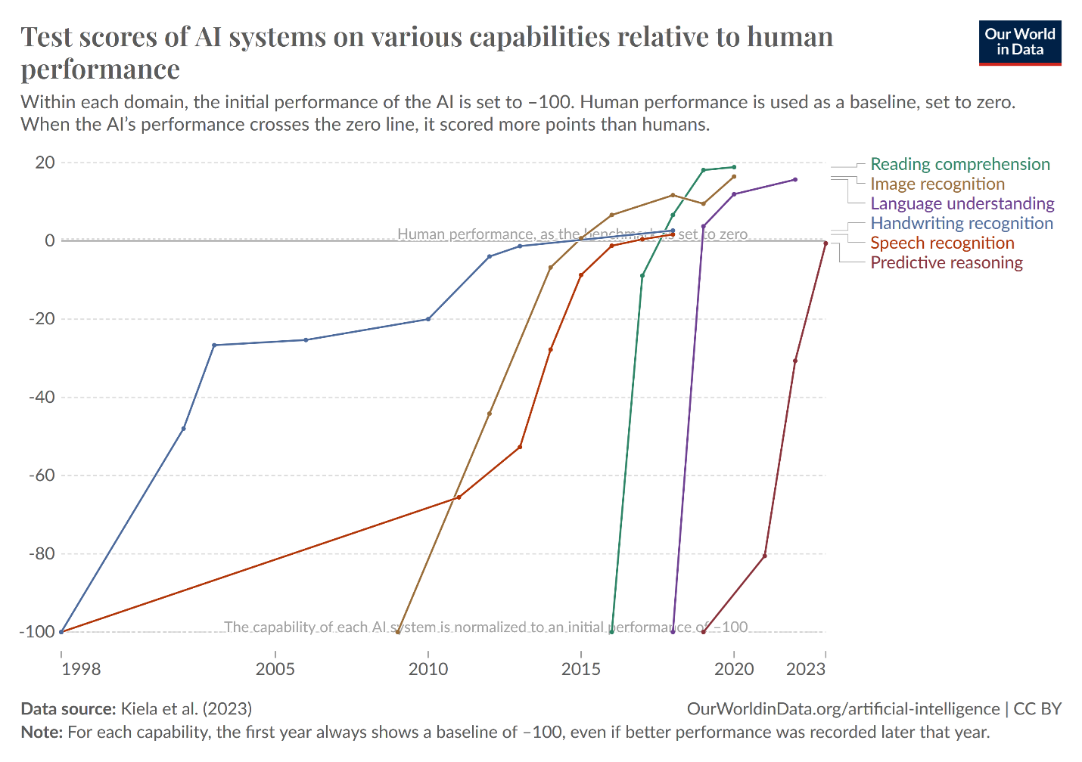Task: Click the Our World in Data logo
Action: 1019,42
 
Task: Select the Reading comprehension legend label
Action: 959,164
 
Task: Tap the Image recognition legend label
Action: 937,184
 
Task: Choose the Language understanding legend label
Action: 962,203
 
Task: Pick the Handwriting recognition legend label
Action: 961,223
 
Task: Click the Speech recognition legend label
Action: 942,243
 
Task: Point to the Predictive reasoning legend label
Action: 946,262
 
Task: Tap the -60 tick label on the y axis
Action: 42,475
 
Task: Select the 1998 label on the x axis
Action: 81,669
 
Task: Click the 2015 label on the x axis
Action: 580,669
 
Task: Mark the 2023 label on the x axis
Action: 805,669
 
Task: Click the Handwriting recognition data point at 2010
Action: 428,319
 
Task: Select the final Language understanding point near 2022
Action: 794,180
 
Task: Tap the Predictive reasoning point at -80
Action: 764,556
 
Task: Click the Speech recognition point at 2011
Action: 459,497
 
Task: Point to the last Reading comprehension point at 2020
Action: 734,167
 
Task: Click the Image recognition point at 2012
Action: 490,414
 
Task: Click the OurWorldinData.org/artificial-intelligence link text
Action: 843,709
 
